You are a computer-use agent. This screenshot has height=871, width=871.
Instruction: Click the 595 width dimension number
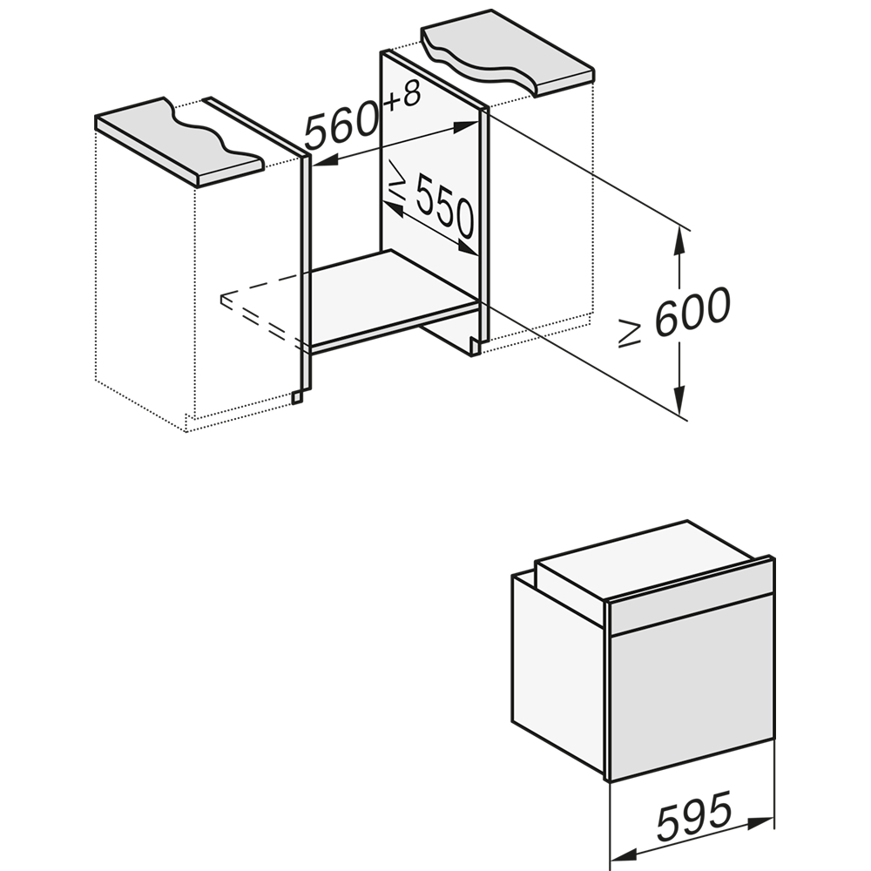(694, 818)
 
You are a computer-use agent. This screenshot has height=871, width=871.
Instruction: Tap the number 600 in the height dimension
(692, 313)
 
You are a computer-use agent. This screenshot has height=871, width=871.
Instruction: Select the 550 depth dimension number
(445, 206)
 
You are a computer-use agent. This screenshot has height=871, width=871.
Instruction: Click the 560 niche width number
(341, 128)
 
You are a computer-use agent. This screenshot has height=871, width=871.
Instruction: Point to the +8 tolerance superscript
(402, 98)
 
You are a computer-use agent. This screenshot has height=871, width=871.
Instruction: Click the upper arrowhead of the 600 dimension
(677, 240)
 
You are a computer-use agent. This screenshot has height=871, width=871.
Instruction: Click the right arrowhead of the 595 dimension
(760, 823)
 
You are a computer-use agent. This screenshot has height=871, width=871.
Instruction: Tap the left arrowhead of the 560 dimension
(326, 160)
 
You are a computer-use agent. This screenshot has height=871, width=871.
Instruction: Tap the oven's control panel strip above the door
(692, 597)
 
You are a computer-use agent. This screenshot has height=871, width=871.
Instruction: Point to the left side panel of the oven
(558, 672)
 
